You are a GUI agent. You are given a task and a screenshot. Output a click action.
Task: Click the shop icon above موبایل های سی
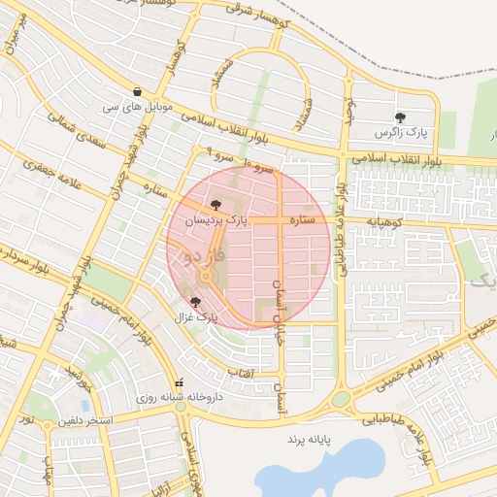tap(137, 91)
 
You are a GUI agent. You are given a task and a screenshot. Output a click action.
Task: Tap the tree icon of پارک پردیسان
tap(215, 205)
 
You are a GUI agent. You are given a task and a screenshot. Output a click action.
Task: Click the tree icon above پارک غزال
tap(196, 303)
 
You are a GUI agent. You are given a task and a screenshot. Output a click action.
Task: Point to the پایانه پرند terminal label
tap(309, 440)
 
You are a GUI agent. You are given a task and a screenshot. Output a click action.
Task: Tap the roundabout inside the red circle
tap(207, 279)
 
